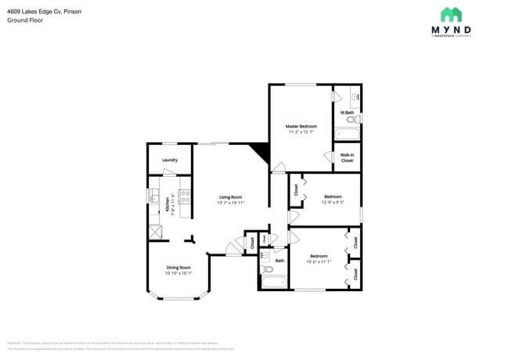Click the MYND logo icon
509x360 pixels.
click(x=450, y=14)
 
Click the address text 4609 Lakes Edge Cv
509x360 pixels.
click(x=31, y=12)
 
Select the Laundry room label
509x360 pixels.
click(x=170, y=160)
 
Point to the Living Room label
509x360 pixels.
click(x=230, y=196)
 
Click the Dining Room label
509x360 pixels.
click(x=179, y=268)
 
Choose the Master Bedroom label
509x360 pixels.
click(x=301, y=126)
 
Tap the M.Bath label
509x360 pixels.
click(x=347, y=112)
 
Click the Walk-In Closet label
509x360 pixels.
click(x=347, y=157)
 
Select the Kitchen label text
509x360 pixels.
click(x=167, y=204)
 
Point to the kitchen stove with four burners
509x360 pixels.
click(x=185, y=197)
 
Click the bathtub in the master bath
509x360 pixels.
click(x=347, y=134)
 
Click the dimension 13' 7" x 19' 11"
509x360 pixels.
click(x=230, y=203)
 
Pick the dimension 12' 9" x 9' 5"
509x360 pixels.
click(x=333, y=203)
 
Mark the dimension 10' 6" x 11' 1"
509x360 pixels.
click(x=319, y=261)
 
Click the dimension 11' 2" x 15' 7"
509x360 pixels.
click(x=301, y=131)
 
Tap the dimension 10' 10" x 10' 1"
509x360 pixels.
click(x=179, y=273)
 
